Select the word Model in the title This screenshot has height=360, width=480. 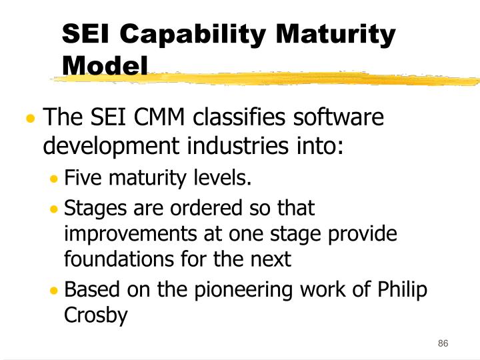tap(105, 65)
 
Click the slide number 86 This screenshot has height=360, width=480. tap(443, 343)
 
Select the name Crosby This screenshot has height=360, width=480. tap(95, 316)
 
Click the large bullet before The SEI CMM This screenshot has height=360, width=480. tap(30, 120)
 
